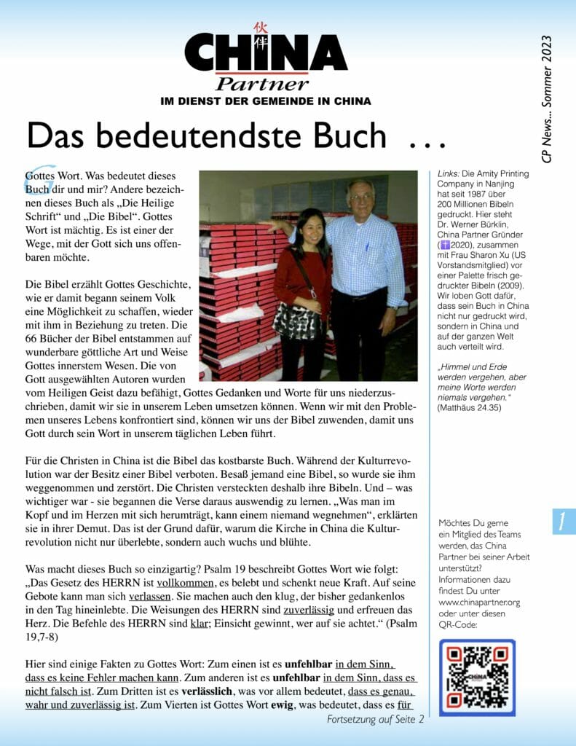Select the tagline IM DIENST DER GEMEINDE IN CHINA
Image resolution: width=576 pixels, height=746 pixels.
click(265, 101)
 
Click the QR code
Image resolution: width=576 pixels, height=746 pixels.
click(477, 677)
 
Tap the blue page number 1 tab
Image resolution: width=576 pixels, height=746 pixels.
click(563, 522)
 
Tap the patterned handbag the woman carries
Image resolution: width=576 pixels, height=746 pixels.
click(296, 320)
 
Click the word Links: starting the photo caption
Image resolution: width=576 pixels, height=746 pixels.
click(449, 174)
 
